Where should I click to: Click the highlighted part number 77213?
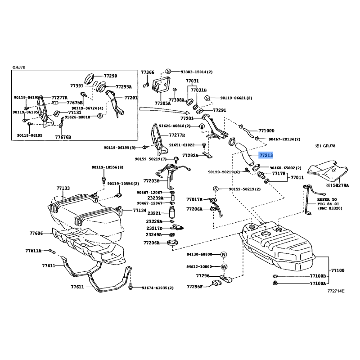coord(266,155)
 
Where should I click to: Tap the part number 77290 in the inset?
coord(110,76)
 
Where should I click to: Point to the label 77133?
coord(63,188)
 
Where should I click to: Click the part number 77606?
coord(36,233)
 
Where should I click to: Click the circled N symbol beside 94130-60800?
coord(224,254)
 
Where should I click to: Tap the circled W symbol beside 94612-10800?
coord(224,266)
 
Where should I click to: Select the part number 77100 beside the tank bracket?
coord(337,270)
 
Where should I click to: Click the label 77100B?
coord(318,275)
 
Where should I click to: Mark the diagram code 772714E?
coord(336,291)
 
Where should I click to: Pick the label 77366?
coord(147,72)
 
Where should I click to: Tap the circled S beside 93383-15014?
coord(168,72)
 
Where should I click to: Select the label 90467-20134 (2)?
coord(284,139)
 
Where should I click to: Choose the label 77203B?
coord(152,180)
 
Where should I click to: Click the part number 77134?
coord(139,210)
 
